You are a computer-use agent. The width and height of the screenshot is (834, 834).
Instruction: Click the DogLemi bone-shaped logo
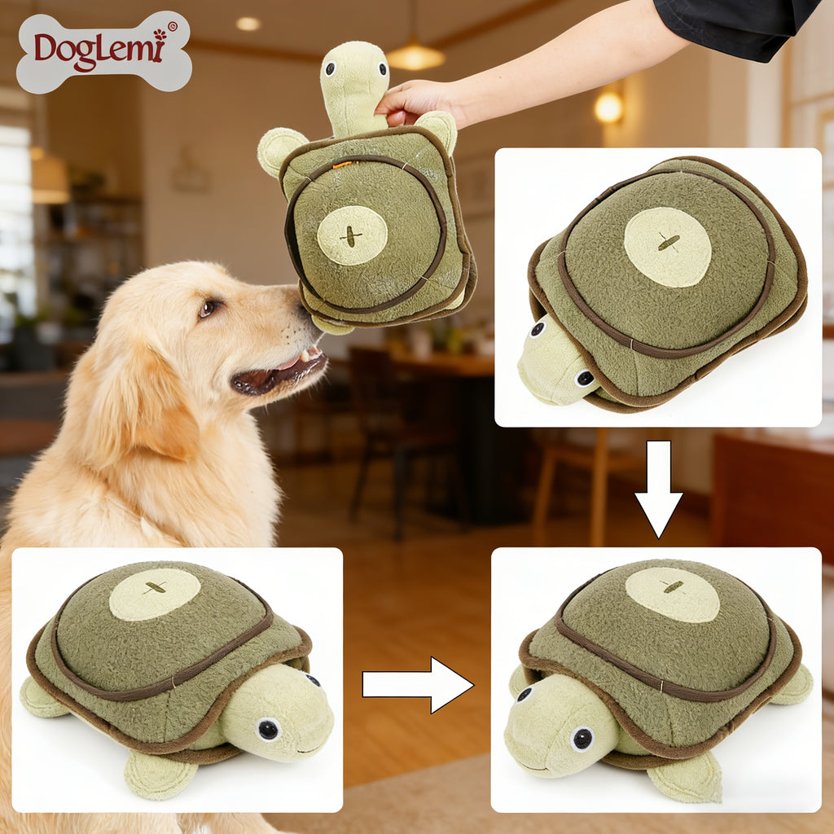pyautogui.click(x=104, y=52)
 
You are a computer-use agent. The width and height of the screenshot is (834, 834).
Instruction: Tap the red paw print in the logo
pyautogui.click(x=160, y=35)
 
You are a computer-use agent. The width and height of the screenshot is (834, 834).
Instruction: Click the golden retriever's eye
pyautogui.click(x=208, y=307)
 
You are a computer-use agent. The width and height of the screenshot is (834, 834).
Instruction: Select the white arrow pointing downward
pyautogui.click(x=658, y=489)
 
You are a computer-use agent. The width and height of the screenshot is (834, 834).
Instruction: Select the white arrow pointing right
pyautogui.click(x=418, y=684)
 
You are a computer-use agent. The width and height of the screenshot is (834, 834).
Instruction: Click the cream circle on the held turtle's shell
pyautogui.click(x=352, y=235)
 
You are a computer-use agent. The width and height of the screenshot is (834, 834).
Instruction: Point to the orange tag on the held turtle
pyautogui.click(x=343, y=165)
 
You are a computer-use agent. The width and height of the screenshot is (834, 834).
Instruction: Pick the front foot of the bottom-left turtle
pyautogui.click(x=154, y=775)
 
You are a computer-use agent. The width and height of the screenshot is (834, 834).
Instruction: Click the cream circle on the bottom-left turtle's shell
pyautogui.click(x=155, y=594)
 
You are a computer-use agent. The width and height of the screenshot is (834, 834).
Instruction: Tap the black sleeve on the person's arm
pyautogui.click(x=736, y=27)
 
